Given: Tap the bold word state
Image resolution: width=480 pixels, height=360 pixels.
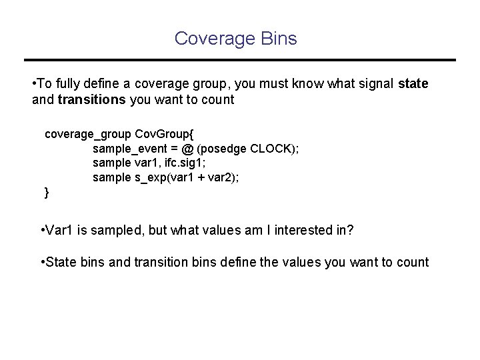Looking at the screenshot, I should [413, 84].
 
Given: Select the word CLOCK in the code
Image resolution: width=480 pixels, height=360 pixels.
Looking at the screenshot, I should [269, 148].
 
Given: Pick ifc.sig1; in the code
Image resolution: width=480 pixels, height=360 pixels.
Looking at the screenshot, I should [183, 163].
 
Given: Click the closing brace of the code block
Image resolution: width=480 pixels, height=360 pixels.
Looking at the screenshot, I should [46, 193].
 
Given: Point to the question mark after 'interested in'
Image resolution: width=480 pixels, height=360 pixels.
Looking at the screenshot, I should [350, 231].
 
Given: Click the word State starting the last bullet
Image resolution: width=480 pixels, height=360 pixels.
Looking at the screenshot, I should [62, 262].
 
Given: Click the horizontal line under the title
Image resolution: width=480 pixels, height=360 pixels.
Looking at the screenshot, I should [239, 60].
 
